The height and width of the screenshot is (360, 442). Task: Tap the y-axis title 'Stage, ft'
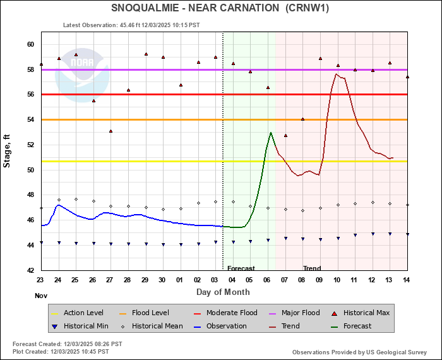(8, 155)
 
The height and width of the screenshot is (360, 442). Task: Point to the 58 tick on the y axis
(30, 69)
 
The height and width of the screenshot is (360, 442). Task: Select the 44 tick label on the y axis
(30, 245)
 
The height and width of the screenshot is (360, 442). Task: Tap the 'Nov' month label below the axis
(40, 295)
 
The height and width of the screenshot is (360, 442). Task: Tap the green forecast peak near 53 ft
(271, 133)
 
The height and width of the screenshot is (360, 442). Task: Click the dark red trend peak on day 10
(337, 75)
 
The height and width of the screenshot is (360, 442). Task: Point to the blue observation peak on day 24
(58, 205)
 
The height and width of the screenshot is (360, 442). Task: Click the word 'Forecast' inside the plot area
(241, 268)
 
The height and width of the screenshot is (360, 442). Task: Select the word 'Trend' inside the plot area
(312, 268)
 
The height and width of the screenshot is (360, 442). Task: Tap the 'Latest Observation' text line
(131, 25)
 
